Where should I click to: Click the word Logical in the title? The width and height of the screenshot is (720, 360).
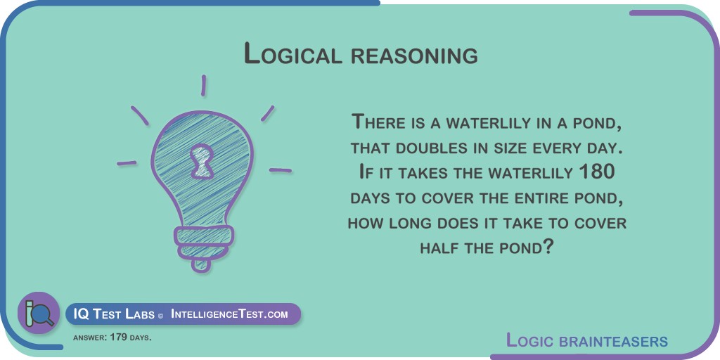(x=293, y=53)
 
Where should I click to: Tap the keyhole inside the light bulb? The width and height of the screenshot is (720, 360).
(x=202, y=161)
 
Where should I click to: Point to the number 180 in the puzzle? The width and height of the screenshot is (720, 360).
(x=596, y=173)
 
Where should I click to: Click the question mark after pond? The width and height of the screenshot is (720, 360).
(x=547, y=247)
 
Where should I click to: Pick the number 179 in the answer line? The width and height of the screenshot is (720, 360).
(x=120, y=337)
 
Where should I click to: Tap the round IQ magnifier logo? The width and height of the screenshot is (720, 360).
(x=39, y=313)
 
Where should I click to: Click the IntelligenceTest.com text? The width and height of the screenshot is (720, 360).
(x=229, y=314)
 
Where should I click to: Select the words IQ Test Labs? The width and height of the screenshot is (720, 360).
(x=114, y=314)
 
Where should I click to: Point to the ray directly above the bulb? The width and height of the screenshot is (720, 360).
(x=203, y=86)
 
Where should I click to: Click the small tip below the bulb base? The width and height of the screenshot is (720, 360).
(x=202, y=265)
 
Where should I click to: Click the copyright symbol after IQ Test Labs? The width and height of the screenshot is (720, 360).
(x=160, y=316)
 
